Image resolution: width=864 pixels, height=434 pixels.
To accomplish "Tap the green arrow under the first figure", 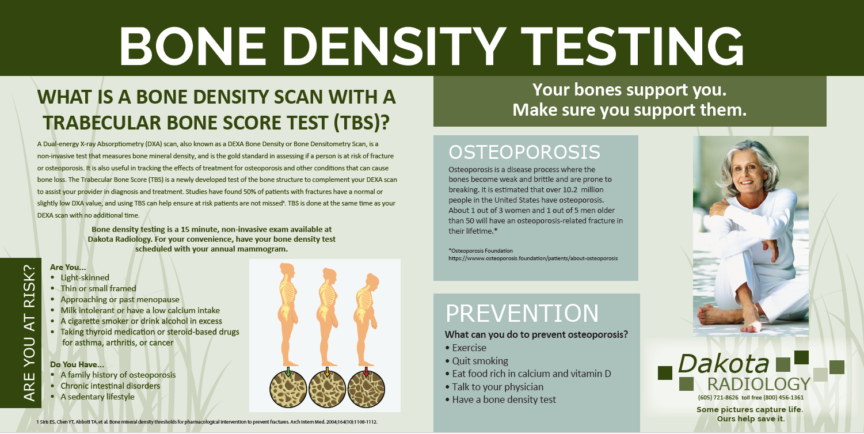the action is point(288,371).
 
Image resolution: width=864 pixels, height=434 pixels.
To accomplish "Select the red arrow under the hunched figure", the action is point(367,371).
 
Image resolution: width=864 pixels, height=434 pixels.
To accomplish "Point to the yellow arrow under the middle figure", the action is point(327,371).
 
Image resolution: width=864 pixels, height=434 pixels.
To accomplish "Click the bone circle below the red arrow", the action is point(367,390).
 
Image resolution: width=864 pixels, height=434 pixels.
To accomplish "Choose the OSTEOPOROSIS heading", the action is point(524,152).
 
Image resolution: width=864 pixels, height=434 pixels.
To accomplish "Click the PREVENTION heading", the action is point(522,313).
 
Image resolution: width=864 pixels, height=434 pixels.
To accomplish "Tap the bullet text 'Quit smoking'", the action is point(480,361).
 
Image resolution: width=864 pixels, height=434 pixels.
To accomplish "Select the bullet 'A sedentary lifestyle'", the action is point(98,397).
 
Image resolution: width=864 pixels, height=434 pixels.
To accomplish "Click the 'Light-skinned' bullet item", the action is point(85,277).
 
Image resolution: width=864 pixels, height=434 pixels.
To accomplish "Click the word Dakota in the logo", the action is point(723,363).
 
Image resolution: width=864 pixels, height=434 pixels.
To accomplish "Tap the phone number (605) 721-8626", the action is point(718,397).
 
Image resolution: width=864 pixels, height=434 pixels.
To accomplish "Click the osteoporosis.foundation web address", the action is point(532,258).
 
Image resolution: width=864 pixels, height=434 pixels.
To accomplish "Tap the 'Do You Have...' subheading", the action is point(77,364).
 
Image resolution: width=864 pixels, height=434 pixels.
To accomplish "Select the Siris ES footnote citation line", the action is point(207,422).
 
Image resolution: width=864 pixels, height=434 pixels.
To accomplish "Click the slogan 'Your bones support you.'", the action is point(629,90).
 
